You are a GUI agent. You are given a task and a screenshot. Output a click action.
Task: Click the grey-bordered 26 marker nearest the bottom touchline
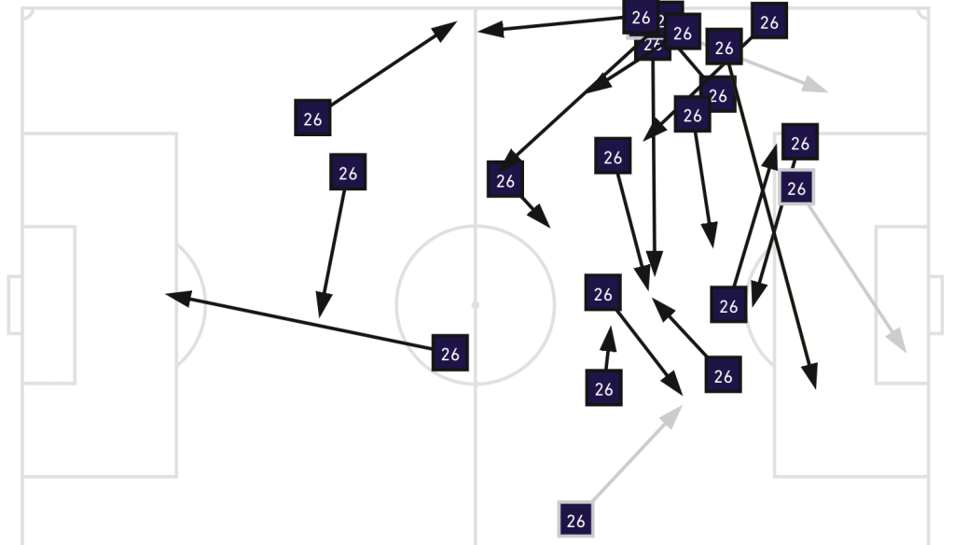click(575, 520)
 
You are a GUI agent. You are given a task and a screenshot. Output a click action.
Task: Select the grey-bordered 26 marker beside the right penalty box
click(795, 189)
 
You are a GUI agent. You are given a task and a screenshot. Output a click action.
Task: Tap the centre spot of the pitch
click(475, 304)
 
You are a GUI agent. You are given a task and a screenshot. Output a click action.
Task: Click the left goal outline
click(14, 304)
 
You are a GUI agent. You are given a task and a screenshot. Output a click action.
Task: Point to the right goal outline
click(935, 304)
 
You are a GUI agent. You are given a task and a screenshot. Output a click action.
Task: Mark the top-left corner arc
click(27, 14)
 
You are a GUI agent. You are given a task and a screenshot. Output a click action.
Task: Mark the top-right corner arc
click(922, 14)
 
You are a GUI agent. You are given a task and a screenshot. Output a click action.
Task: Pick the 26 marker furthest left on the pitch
click(312, 119)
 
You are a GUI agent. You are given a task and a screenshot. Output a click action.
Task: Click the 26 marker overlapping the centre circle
click(450, 354)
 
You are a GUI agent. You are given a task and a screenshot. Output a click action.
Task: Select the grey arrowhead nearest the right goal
click(899, 345)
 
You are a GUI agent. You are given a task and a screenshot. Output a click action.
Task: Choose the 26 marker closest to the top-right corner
click(768, 22)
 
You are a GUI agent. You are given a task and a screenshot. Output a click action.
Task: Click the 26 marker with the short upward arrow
click(603, 388)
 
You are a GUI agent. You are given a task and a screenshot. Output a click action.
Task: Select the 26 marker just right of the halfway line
click(505, 180)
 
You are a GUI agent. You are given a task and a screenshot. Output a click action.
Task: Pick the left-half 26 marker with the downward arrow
click(348, 173)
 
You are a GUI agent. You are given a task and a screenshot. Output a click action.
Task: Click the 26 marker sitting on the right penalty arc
click(728, 305)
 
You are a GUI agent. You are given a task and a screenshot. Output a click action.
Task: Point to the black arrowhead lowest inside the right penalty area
click(813, 380)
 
